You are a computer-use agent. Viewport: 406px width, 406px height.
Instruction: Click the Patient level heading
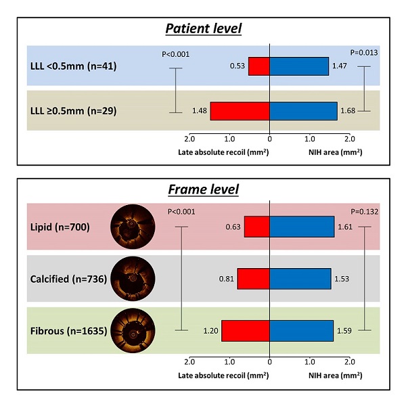pos(204,28)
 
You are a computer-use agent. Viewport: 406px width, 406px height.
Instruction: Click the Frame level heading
pos(204,189)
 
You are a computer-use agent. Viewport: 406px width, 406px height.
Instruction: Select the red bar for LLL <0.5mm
pos(259,66)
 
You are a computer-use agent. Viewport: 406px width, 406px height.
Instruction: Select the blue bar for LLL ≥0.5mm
pos(303,111)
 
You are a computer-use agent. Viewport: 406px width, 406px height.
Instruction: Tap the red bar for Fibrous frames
pos(246,331)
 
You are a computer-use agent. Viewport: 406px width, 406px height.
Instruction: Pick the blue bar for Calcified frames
pos(300,279)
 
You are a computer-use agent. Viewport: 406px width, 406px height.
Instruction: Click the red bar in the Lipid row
pos(257,227)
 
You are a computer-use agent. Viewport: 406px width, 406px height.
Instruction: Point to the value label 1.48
pos(200,111)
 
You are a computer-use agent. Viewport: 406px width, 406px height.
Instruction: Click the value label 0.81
pos(226,279)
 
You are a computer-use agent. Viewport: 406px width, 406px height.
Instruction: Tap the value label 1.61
pos(345,227)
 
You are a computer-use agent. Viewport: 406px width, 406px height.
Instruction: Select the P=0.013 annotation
pos(364,53)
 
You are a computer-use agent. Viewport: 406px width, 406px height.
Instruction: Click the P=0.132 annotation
pos(364,212)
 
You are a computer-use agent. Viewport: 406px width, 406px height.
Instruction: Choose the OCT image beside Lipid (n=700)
pos(133,227)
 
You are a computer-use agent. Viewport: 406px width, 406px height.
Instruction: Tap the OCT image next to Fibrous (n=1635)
pos(133,331)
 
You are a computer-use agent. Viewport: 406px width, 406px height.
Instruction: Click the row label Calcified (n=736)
pos(68,279)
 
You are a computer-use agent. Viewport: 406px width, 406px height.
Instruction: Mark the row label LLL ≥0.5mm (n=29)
pos(74,111)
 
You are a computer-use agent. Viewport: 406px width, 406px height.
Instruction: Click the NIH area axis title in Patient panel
pos(336,152)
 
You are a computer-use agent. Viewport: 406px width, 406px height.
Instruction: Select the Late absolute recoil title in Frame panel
pos(223,376)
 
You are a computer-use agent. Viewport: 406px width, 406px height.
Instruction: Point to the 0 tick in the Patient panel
pos(270,139)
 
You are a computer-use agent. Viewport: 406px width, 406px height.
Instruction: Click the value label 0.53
pos(238,66)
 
